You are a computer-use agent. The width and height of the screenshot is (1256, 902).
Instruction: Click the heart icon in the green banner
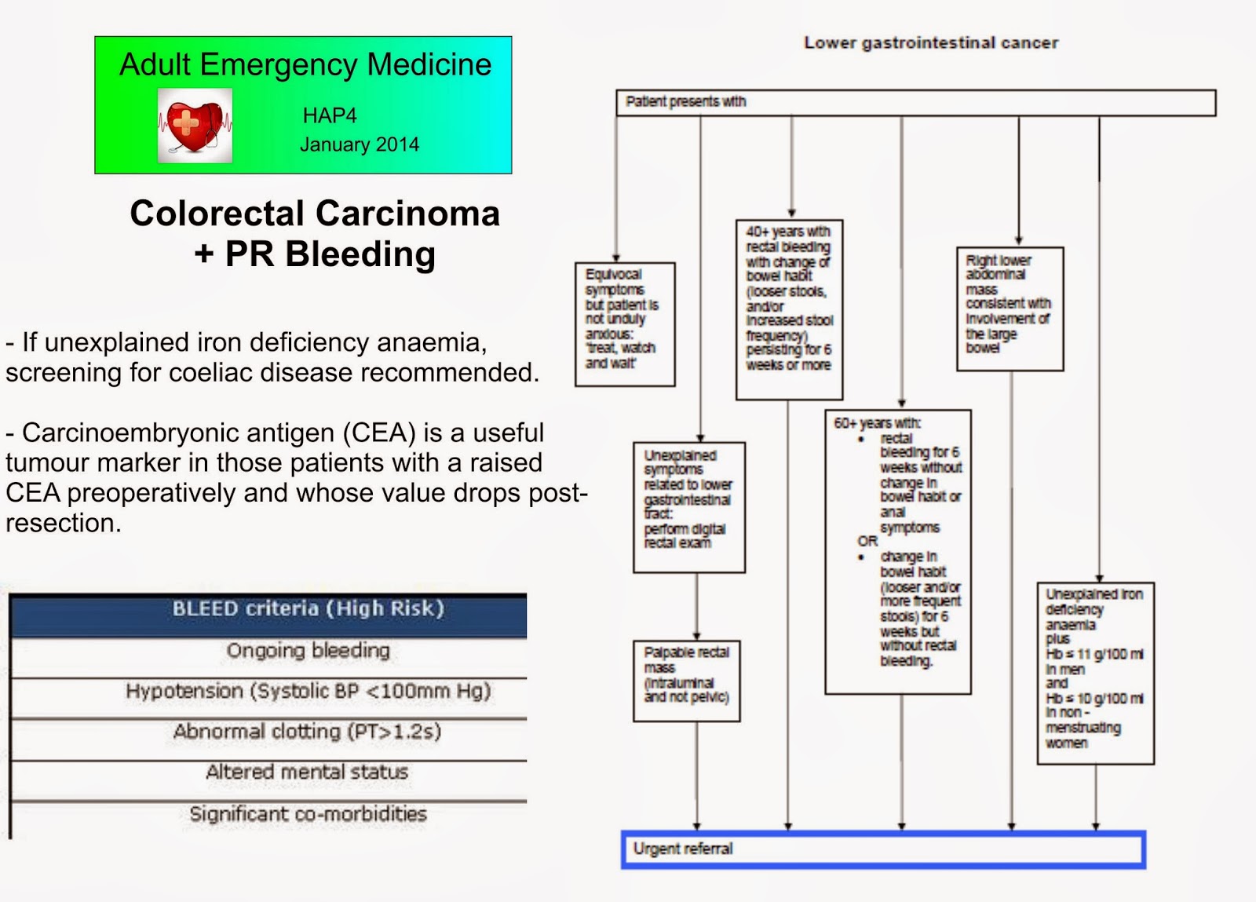[195, 126]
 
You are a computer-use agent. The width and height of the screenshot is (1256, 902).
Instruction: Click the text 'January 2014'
[360, 144]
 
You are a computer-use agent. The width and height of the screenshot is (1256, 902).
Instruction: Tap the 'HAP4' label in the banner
[330, 115]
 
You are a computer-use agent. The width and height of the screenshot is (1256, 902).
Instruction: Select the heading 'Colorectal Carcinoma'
[315, 214]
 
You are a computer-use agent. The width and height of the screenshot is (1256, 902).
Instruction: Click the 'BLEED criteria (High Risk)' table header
[308, 609]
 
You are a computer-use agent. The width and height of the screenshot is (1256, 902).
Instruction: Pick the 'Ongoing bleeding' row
[308, 651]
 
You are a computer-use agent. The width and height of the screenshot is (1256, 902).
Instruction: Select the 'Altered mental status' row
[308, 772]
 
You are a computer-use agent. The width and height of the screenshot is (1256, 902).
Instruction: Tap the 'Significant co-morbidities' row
[308, 814]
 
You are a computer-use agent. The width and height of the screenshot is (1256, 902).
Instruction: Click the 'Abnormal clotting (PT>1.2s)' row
[308, 732]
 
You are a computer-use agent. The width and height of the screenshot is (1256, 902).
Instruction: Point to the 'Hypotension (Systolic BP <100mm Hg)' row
[308, 692]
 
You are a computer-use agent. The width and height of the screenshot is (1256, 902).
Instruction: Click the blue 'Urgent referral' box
[883, 849]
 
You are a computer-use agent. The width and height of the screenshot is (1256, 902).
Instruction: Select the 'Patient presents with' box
[915, 103]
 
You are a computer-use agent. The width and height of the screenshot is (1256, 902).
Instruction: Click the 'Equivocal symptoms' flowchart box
[625, 324]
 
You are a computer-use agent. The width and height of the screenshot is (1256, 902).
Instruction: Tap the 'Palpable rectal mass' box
[687, 681]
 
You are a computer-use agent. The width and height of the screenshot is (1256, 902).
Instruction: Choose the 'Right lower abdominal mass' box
[1010, 309]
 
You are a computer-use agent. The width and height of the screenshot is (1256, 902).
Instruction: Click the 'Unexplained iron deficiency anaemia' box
[1095, 673]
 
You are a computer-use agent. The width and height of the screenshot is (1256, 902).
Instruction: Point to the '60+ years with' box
[898, 552]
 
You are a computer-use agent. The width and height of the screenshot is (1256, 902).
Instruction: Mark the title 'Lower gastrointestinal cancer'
[931, 43]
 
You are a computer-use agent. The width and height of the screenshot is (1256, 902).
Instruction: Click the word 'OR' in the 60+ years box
[867, 542]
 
